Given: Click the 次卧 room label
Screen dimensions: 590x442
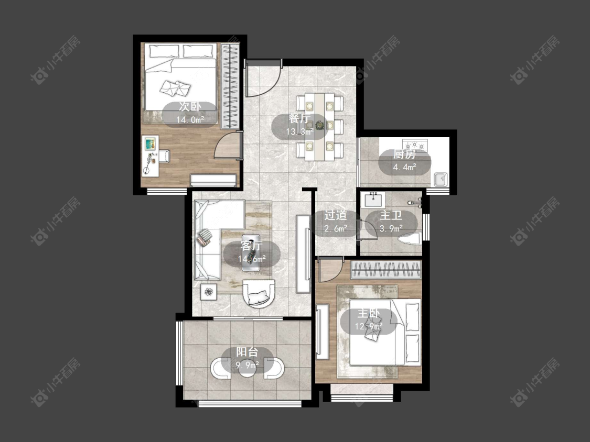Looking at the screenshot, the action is pyautogui.click(x=190, y=107).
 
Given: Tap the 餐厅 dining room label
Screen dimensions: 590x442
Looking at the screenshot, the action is pyautogui.click(x=299, y=118).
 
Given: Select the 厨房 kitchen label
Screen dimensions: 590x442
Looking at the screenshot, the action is pyautogui.click(x=404, y=154).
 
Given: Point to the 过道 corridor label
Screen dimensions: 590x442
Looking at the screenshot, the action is pyautogui.click(x=335, y=215).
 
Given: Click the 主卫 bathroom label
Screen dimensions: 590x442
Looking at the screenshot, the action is pyautogui.click(x=391, y=215).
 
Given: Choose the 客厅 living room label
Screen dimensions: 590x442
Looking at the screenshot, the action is pyautogui.click(x=251, y=246).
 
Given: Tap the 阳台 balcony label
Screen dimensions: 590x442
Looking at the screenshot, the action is pyautogui.click(x=247, y=352).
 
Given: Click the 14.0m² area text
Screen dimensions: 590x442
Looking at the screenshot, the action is pyautogui.click(x=190, y=120).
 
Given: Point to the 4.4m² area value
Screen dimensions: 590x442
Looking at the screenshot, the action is pyautogui.click(x=404, y=167).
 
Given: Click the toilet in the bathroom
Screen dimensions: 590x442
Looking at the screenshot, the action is pyautogui.click(x=410, y=239).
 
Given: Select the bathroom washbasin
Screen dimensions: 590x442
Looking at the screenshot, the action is pyautogui.click(x=373, y=200).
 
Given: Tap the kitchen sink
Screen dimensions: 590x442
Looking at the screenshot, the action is pyautogui.click(x=440, y=179).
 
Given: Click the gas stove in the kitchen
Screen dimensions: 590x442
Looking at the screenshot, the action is pyautogui.click(x=415, y=145).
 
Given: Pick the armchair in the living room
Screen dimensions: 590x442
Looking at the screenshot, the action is pyautogui.click(x=259, y=293).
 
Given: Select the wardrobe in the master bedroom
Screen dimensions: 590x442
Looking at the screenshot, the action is pyautogui.click(x=385, y=270).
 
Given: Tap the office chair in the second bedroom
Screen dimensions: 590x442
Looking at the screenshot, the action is pyautogui.click(x=163, y=156).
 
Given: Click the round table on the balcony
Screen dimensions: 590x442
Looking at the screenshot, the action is pyautogui.click(x=247, y=367).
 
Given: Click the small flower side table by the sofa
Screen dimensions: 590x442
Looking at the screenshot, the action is pyautogui.click(x=208, y=291).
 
